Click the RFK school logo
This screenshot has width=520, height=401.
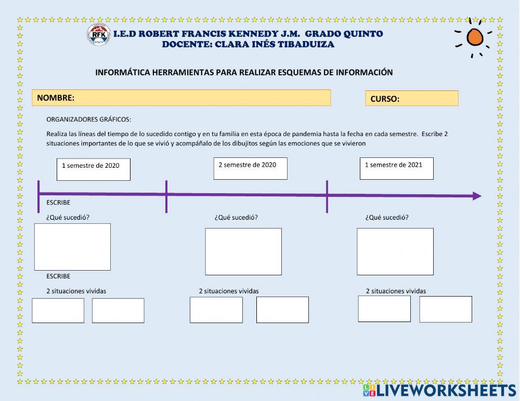click(98, 35)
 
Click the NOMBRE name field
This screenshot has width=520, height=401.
click(181, 98)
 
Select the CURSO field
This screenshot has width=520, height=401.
click(411, 98)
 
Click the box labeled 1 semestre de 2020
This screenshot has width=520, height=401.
click(93, 169)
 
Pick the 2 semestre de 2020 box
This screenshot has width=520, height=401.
click(250, 168)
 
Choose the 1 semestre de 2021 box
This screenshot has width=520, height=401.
click(396, 168)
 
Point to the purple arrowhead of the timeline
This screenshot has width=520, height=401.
click(476, 196)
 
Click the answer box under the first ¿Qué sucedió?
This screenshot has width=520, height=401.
click(72, 247)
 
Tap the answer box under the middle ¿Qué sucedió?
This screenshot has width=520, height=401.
click(243, 251)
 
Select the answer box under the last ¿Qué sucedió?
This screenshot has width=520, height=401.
click(395, 251)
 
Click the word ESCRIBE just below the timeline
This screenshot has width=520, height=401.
click(58, 203)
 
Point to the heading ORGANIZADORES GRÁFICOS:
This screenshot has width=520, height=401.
click(88, 119)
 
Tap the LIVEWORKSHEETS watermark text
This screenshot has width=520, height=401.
click(446, 391)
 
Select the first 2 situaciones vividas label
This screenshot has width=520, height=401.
click(76, 291)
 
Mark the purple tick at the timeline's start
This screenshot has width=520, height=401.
click(38, 196)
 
